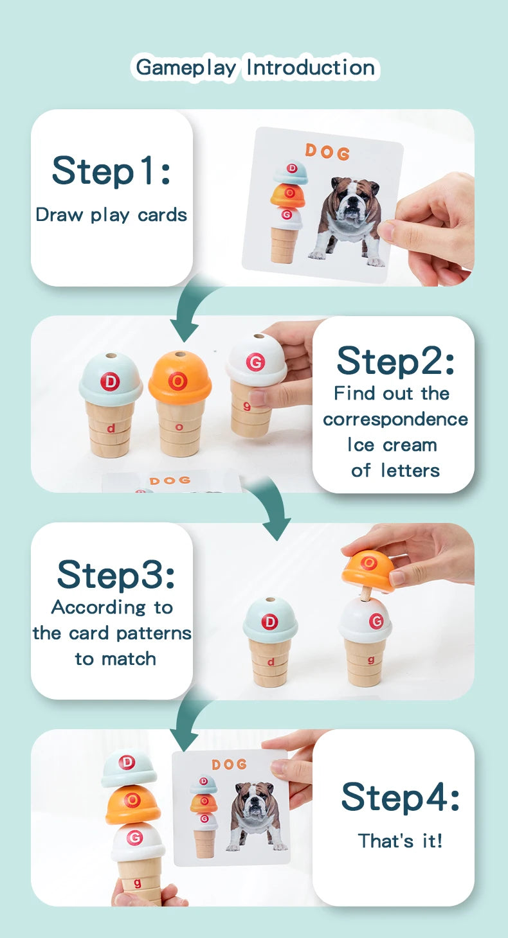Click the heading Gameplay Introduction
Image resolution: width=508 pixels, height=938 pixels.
(x=255, y=67)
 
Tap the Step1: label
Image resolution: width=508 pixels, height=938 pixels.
(x=111, y=171)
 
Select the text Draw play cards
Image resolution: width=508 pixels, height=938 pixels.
(x=111, y=215)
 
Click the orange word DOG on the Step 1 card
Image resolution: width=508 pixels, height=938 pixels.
(x=327, y=152)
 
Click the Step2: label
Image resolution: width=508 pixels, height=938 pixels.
(x=395, y=360)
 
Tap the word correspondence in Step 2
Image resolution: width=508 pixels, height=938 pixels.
(x=395, y=419)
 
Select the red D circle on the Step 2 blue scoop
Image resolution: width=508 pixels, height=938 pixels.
(x=110, y=382)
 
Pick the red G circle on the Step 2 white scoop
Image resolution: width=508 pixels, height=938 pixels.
(x=255, y=362)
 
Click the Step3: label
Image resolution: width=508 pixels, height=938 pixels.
(x=115, y=574)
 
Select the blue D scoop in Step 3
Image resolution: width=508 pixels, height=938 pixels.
(x=270, y=621)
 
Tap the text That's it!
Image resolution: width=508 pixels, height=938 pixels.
(x=400, y=840)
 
